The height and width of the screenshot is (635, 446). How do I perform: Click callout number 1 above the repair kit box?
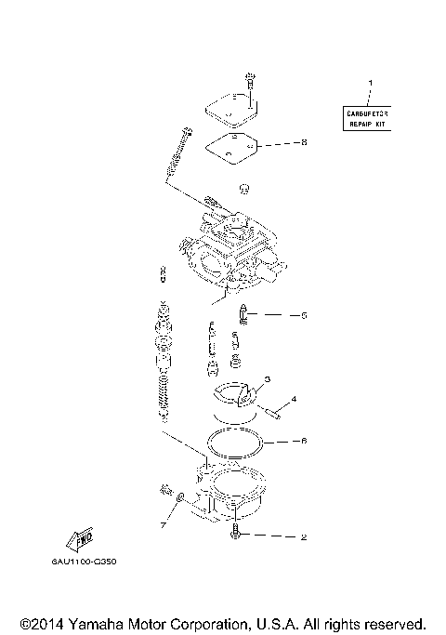click(x=370, y=85)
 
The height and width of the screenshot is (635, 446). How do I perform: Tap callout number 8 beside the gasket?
click(x=303, y=143)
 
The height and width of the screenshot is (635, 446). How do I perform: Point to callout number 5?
click(x=303, y=315)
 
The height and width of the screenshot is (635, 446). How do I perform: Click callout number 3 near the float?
click(x=267, y=379)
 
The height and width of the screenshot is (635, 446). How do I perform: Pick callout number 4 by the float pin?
click(x=294, y=400)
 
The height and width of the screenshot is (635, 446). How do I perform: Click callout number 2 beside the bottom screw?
click(x=303, y=536)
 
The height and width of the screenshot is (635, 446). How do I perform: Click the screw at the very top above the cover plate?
click(x=249, y=80)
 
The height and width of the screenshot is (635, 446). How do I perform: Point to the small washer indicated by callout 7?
click(x=181, y=496)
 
